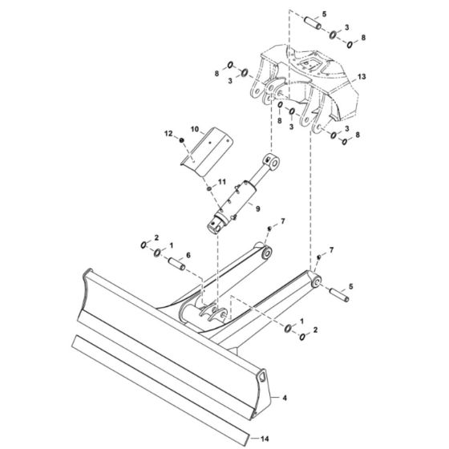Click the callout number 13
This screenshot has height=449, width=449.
pyautogui.click(x=362, y=77)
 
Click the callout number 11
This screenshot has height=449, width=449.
pyautogui.click(x=222, y=183)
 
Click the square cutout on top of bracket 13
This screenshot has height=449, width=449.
pyautogui.click(x=307, y=61)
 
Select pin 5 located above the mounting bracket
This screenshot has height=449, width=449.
pyautogui.click(x=313, y=24)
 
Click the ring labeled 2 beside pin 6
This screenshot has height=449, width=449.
pyautogui.click(x=144, y=245)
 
